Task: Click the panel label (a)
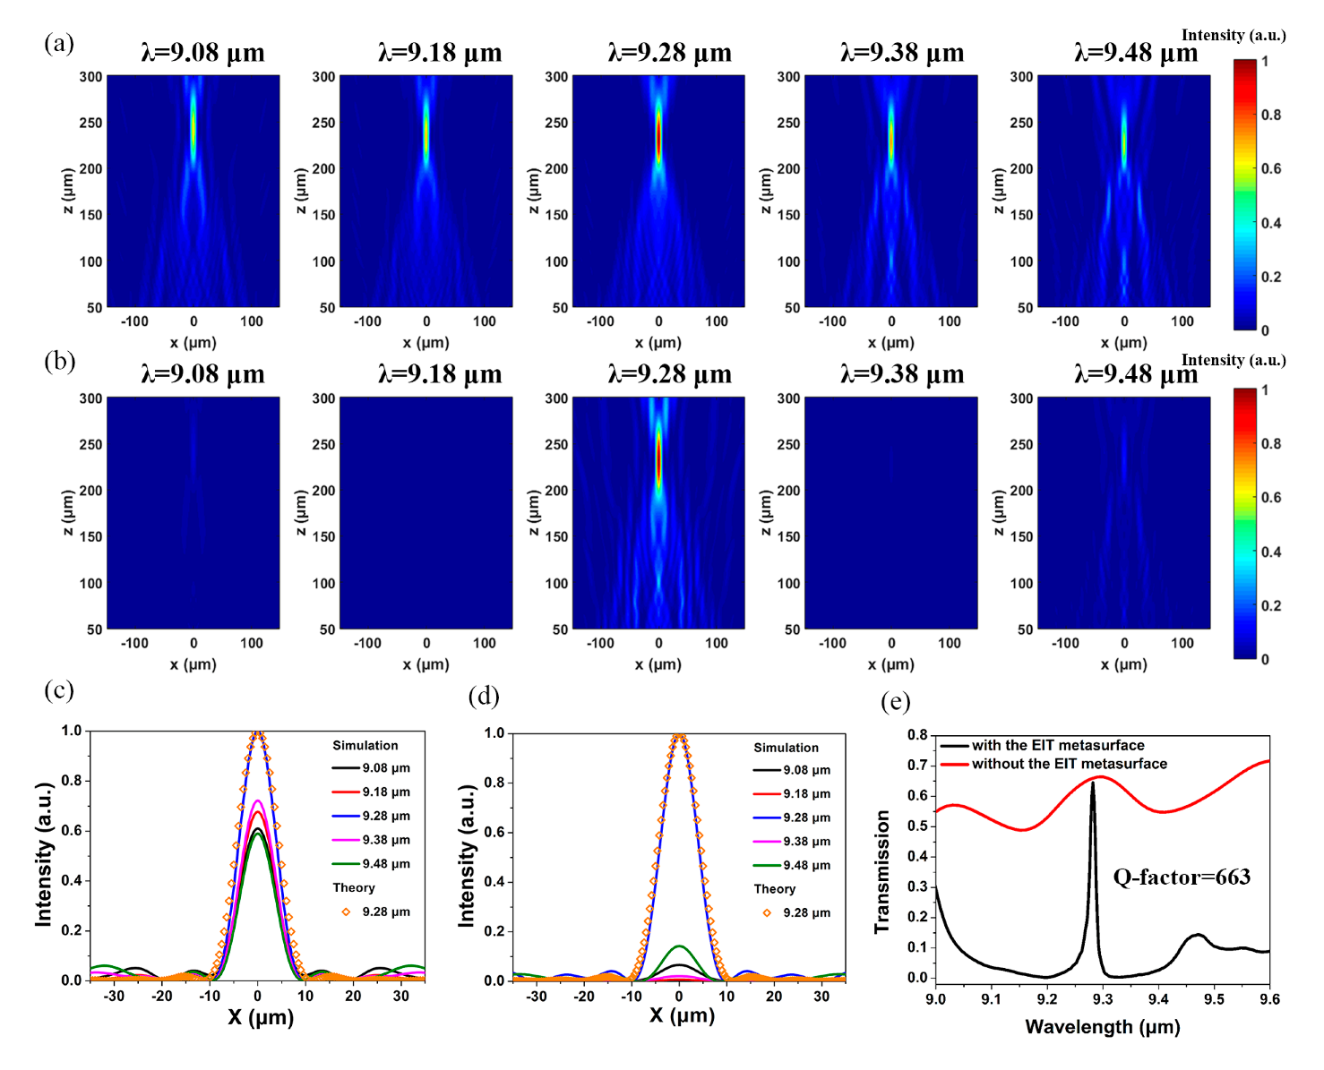pos(59,43)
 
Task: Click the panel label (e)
pos(895,701)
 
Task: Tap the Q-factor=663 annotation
pos(1181,877)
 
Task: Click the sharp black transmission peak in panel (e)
pos(1093,784)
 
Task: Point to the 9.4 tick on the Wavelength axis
pos(1158,998)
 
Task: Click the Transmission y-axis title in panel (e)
pos(882,872)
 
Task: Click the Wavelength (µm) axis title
pos(1102,1027)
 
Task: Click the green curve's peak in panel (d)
pos(679,946)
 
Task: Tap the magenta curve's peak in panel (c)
pos(258,801)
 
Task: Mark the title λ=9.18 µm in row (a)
pos(440,53)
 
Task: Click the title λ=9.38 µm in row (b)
pos(902,374)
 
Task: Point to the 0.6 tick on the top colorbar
pos(1270,168)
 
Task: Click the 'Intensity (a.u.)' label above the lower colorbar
pos(1233,360)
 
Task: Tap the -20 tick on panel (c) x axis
pos(162,996)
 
